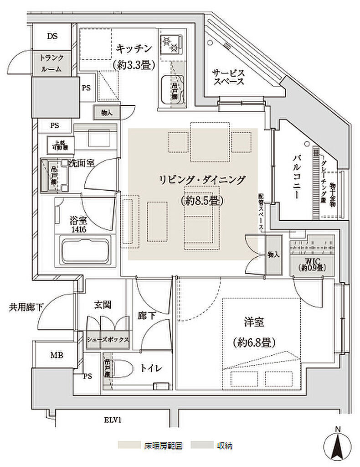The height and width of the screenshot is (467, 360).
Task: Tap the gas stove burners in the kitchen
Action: [x=171, y=44]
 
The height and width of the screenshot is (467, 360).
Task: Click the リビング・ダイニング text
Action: [x=202, y=180]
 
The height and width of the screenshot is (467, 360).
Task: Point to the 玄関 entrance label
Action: [x=103, y=305]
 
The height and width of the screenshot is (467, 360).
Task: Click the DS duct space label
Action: [x=52, y=37]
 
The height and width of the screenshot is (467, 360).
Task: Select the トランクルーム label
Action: [x=51, y=63]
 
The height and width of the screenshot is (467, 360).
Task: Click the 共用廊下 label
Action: [x=26, y=307]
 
